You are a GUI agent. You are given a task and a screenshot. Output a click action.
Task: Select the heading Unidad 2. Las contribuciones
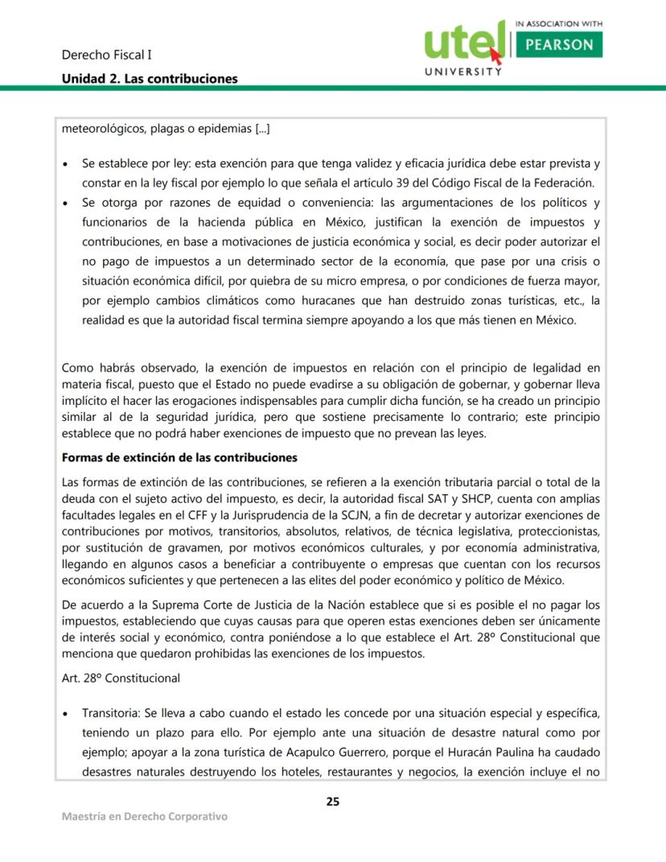150,78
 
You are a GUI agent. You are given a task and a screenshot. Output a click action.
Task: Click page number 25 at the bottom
332,801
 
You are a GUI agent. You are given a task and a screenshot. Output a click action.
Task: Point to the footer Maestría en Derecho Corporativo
145,816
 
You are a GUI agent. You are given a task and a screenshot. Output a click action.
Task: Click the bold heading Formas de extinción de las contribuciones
179,458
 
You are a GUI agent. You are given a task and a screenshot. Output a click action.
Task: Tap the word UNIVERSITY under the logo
462,72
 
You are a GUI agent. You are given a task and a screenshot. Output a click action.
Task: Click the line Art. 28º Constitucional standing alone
121,678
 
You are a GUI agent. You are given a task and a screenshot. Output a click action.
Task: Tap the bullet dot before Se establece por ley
67,164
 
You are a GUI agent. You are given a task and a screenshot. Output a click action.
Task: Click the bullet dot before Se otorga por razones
67,203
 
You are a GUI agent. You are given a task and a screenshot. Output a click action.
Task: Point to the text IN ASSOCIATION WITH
558,24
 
